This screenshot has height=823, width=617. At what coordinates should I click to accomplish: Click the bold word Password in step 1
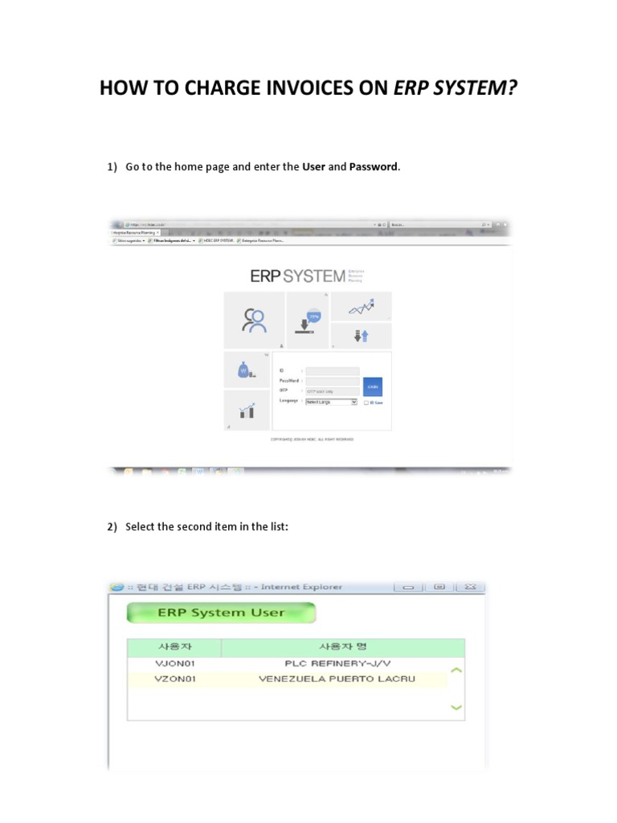pyautogui.click(x=374, y=166)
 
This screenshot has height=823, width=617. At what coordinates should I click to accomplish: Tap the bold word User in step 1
pyautogui.click(x=313, y=166)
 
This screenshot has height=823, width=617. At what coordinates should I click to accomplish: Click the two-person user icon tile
pyautogui.click(x=254, y=320)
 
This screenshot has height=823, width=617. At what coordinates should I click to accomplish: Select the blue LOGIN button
pyautogui.click(x=372, y=386)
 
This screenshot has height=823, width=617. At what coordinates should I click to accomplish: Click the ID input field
pyautogui.click(x=332, y=371)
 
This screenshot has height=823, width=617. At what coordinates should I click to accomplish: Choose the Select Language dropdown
pyautogui.click(x=331, y=402)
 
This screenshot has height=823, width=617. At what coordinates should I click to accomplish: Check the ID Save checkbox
pyautogui.click(x=366, y=403)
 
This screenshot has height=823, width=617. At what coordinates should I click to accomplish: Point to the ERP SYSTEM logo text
pyautogui.click(x=298, y=276)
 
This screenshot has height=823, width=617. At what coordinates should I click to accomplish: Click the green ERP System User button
pyautogui.click(x=221, y=612)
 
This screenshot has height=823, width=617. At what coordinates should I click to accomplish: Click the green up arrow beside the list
pyautogui.click(x=456, y=669)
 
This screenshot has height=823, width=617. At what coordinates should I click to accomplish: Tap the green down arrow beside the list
pyautogui.click(x=456, y=707)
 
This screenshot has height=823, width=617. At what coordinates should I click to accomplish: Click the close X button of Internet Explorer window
pyautogui.click(x=471, y=587)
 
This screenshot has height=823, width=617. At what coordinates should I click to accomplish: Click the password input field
pyautogui.click(x=332, y=381)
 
